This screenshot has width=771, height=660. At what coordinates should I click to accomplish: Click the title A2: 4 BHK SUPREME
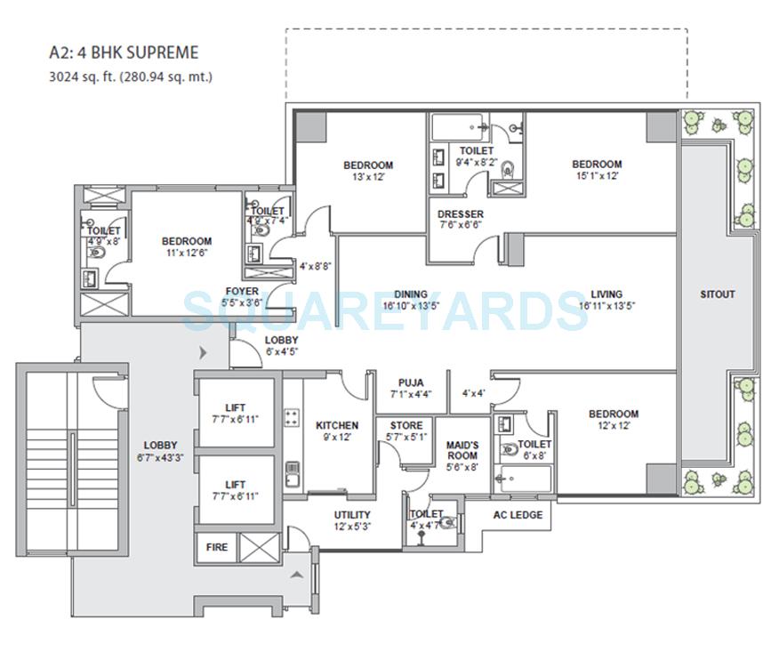(124, 53)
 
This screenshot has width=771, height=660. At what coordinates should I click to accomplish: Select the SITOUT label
(717, 294)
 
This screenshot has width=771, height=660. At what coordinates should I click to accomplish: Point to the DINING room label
(411, 294)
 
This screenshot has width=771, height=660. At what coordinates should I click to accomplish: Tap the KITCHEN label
(337, 425)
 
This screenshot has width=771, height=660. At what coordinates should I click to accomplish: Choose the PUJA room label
(410, 382)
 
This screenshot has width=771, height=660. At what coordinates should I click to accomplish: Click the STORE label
(406, 425)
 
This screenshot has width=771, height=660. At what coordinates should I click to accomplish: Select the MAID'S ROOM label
(462, 449)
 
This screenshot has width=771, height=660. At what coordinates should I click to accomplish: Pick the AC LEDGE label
(517, 514)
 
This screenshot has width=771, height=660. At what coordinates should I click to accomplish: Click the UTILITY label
(352, 514)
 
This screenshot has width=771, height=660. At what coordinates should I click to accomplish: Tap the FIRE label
(216, 547)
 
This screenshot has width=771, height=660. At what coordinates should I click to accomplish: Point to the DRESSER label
(461, 214)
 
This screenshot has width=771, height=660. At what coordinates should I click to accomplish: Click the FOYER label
(242, 292)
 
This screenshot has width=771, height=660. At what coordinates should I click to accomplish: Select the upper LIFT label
(235, 407)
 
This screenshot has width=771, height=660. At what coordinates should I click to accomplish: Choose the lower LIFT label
(235, 484)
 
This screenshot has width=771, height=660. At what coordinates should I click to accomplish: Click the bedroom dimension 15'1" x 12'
(596, 176)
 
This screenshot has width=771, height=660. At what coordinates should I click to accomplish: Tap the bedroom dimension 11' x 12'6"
(186, 253)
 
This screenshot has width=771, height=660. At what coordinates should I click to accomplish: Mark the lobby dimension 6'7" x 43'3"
(161, 457)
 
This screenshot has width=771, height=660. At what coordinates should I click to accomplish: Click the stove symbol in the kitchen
(291, 416)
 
